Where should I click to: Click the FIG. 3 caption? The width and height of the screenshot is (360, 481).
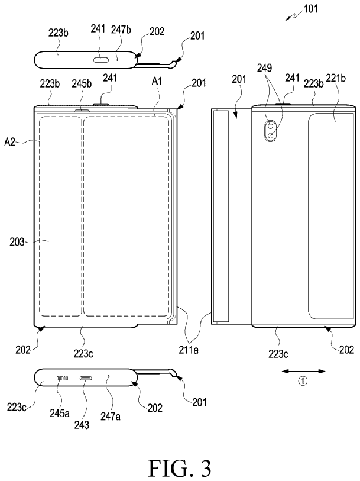point(180,468)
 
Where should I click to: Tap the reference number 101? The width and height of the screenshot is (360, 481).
point(310,9)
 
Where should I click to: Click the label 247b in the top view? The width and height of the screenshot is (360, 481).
point(121,30)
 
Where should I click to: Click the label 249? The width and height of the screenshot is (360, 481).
point(264,67)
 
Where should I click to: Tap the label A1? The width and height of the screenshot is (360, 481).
point(157,81)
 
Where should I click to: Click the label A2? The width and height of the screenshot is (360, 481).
point(9,142)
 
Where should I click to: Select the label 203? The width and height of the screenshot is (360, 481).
point(17,242)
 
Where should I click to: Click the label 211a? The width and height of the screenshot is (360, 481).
point(189,350)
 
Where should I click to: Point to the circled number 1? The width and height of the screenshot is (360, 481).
point(303,381)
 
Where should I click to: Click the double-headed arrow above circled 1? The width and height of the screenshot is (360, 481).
point(304,372)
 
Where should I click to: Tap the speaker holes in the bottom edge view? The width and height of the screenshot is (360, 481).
point(62,379)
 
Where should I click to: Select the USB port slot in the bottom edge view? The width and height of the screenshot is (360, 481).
point(86,379)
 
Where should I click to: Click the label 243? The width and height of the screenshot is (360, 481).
point(82,425)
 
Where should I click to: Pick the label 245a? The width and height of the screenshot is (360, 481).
point(60,413)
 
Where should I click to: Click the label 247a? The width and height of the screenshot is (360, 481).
point(111,416)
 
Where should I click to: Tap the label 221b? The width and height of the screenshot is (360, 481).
point(336,78)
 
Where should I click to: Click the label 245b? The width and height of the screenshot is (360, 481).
point(82,83)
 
